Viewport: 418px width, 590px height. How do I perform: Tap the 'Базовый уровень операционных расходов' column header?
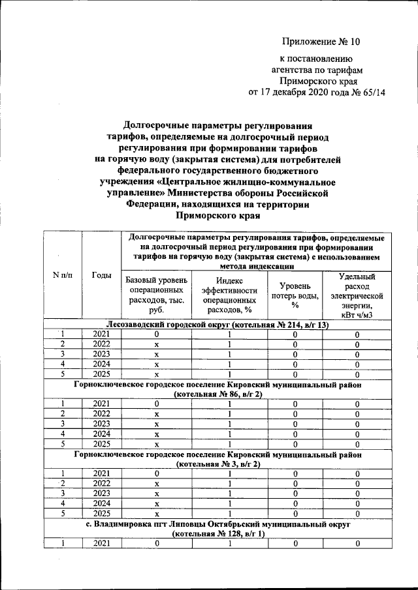pyautogui.click(x=157, y=295)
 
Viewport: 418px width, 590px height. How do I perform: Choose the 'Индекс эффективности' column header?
pyautogui.click(x=229, y=295)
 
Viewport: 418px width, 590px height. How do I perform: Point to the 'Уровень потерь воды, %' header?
pyautogui.click(x=295, y=295)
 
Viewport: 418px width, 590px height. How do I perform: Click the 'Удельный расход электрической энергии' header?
pyautogui.click(x=357, y=295)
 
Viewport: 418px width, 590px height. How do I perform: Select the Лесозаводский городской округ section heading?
pyautogui.click(x=217, y=325)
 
